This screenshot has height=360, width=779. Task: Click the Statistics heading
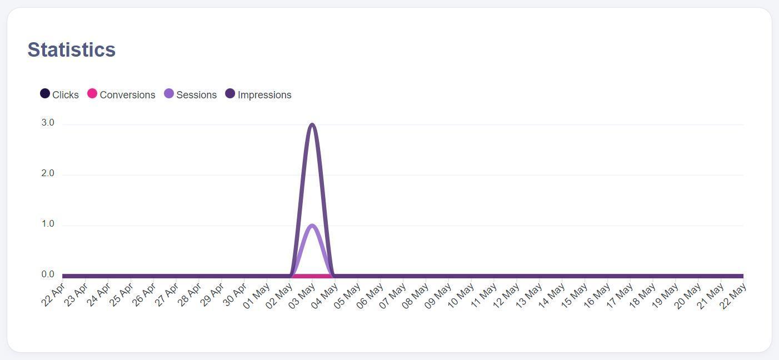[x=72, y=50]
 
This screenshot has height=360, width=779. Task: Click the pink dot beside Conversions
[x=92, y=94]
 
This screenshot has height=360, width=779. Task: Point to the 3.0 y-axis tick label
[x=48, y=123]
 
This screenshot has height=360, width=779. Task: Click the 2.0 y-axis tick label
[x=48, y=173]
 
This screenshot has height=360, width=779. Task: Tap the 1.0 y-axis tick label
[x=48, y=224]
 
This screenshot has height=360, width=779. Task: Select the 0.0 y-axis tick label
[x=48, y=274]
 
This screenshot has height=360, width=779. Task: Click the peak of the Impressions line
[x=312, y=124]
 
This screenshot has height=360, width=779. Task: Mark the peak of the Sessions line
[x=312, y=226]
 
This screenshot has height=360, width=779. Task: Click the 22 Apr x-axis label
[x=53, y=294]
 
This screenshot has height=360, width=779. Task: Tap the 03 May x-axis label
[x=303, y=294]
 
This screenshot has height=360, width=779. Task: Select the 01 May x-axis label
[x=257, y=294]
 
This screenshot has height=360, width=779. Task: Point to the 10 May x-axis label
[x=462, y=294]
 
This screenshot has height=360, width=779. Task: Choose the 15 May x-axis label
[x=575, y=294]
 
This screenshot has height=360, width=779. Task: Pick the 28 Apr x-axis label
[x=189, y=294]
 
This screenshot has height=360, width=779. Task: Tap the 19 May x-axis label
[x=666, y=294]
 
